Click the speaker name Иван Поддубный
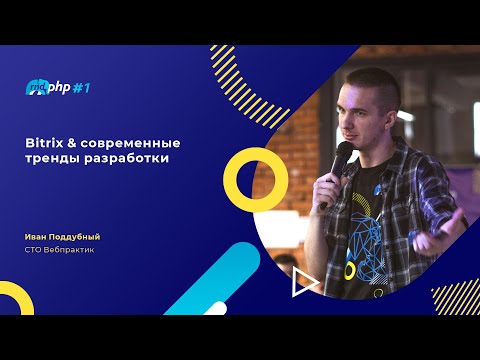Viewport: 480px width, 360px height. (64, 235)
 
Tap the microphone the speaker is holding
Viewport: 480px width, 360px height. (340, 161)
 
